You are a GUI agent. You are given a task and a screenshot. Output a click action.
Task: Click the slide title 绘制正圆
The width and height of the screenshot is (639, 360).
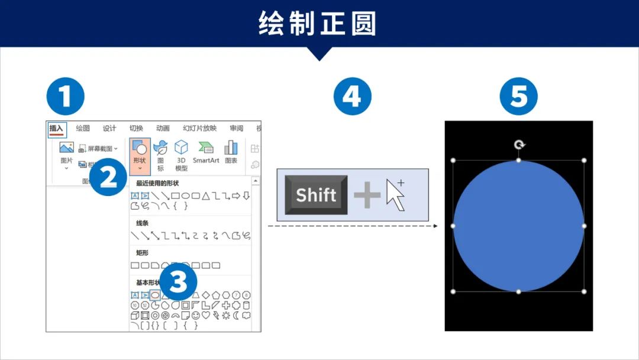[x=318, y=24]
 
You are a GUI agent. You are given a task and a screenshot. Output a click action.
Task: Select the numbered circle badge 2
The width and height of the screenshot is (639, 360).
[x=108, y=176]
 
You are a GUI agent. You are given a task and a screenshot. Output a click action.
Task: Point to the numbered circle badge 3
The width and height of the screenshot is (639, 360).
[x=178, y=282]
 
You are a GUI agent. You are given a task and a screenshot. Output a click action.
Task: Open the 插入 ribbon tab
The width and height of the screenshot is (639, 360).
[x=57, y=128]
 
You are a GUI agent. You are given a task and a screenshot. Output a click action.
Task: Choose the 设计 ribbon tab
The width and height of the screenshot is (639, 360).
[x=109, y=128]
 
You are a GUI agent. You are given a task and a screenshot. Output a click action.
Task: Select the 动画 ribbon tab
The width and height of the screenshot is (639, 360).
[x=163, y=128]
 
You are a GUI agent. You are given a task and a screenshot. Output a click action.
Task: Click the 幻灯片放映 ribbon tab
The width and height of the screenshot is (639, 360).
[x=199, y=128]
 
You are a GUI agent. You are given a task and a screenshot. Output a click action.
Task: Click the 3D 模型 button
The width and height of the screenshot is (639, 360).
[x=181, y=155]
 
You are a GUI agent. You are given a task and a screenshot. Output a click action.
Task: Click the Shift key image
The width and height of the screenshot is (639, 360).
[x=316, y=195]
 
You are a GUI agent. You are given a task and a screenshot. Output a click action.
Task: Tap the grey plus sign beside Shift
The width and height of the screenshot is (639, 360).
[x=367, y=195]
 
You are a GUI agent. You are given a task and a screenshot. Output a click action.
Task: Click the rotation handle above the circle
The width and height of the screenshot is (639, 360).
[x=519, y=144]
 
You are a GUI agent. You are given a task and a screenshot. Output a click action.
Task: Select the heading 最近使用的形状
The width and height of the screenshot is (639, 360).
[x=157, y=183]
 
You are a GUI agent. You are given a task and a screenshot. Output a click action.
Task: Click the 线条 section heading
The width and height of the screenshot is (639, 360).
[x=142, y=223]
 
